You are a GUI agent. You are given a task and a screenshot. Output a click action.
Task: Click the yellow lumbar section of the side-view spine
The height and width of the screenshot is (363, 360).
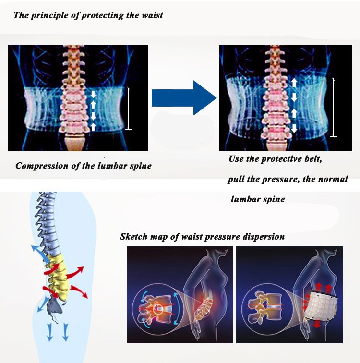(x=60, y=274)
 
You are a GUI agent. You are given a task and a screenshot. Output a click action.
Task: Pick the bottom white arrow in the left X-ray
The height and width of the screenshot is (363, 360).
(x=94, y=126)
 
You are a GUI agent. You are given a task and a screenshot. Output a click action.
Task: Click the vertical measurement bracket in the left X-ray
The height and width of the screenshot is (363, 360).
(x=128, y=108)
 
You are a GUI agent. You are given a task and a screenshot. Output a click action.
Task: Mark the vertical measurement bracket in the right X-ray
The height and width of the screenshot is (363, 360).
(x=334, y=108)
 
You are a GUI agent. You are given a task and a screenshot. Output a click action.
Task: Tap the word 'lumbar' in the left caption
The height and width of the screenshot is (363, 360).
(x=107, y=166)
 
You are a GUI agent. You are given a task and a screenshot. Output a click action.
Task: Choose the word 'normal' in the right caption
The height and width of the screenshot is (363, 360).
(x=333, y=179)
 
